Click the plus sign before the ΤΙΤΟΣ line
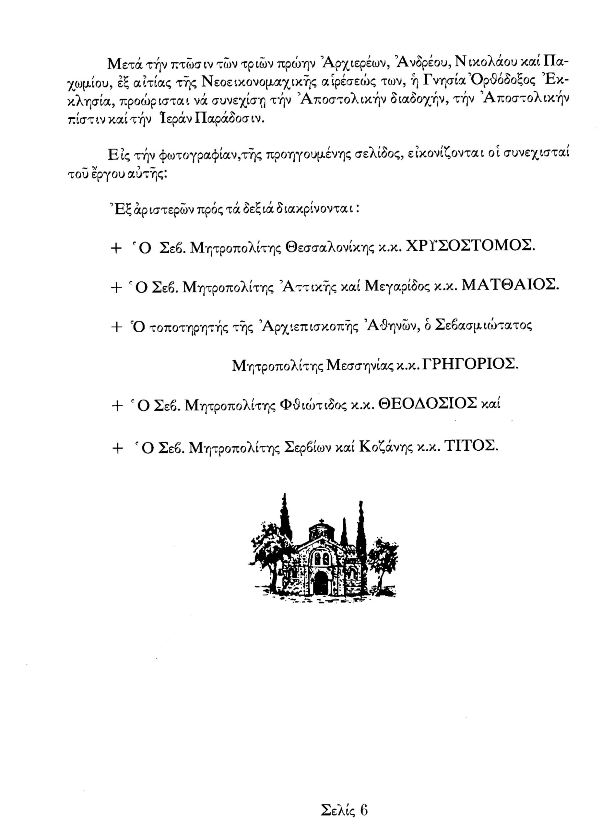pyautogui.click(x=117, y=449)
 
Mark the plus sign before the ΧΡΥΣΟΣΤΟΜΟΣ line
pyautogui.click(x=117, y=249)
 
